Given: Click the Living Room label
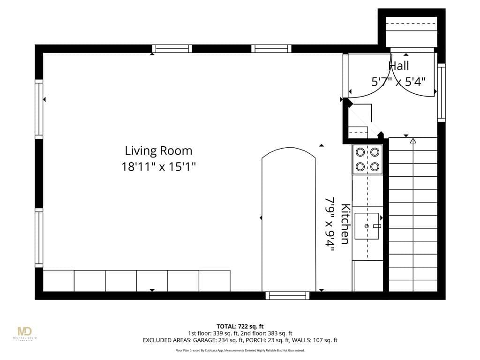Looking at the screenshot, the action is click(158, 150).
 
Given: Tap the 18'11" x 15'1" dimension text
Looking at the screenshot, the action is click(158, 167).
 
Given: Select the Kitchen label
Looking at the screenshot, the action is click(345, 224).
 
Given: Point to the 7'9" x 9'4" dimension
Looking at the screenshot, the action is click(330, 224).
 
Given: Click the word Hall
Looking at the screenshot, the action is click(398, 66).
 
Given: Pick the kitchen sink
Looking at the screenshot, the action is click(367, 226).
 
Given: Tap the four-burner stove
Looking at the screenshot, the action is click(367, 159).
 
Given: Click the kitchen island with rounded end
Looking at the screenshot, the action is click(289, 219).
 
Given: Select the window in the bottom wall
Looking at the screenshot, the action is click(287, 295).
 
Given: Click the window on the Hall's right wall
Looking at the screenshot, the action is click(441, 93).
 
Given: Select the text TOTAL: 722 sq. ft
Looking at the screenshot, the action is click(240, 326).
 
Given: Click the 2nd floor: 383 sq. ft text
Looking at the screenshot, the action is click(266, 333).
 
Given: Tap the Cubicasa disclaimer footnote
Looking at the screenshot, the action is click(240, 350).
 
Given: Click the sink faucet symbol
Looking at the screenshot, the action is click(377, 226).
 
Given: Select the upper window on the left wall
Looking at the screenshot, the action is click(39, 109).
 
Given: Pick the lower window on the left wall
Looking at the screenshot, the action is click(39, 238).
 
